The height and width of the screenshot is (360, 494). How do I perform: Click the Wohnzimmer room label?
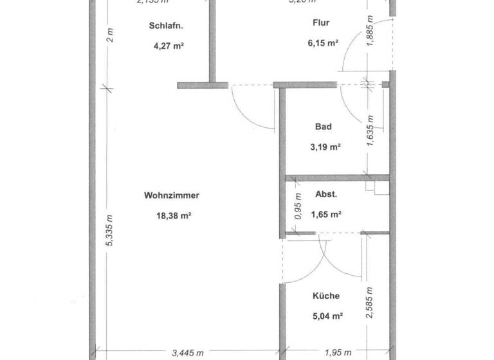click(x=172, y=196)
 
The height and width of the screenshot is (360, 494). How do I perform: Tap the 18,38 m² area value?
click(x=172, y=217)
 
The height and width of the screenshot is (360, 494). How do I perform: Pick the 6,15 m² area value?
click(x=323, y=44)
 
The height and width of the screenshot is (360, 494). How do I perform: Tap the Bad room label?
click(x=324, y=127)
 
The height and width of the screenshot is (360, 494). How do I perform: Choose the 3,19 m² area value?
click(x=325, y=147)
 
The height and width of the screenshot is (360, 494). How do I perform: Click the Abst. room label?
click(x=326, y=194)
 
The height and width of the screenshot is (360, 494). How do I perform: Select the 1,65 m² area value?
click(x=325, y=215)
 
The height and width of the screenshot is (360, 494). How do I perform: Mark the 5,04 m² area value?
click(x=327, y=316)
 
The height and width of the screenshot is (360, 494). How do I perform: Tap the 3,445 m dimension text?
click(x=188, y=352)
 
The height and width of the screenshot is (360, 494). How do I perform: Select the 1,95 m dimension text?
click(x=338, y=352)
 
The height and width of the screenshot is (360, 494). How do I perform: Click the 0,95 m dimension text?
click(x=298, y=206)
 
